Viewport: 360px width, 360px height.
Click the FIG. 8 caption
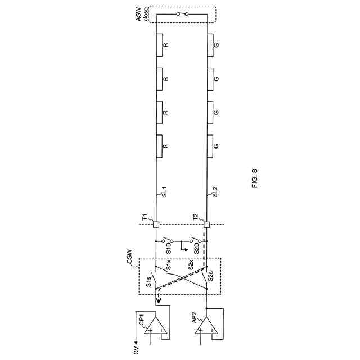[x=255, y=179]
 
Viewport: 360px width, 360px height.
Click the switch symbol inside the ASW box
[x=182, y=14]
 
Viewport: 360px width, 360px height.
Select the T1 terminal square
[x=156, y=224]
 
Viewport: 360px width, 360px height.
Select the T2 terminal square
[x=207, y=224]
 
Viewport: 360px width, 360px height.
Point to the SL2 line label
[x=215, y=191]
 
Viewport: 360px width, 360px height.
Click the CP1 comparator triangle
[x=155, y=325]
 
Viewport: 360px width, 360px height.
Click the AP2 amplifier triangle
[x=206, y=325]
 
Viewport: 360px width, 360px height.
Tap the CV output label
[x=137, y=350]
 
